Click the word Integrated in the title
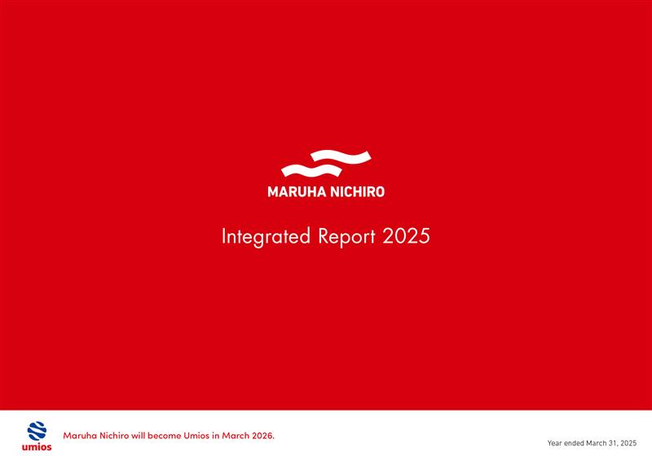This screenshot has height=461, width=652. click(266, 237)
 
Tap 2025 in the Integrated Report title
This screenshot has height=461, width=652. click(406, 237)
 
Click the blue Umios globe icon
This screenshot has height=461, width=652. click(37, 431)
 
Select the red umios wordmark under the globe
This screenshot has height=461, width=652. click(37, 447)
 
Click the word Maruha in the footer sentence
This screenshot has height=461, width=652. click(80, 436)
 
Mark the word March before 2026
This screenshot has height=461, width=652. click(244, 436)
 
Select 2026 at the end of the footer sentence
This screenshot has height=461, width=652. click(265, 436)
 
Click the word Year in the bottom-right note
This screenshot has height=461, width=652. click(555, 443)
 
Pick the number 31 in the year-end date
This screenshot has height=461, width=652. click(610, 443)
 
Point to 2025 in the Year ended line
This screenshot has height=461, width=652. click(628, 443)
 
